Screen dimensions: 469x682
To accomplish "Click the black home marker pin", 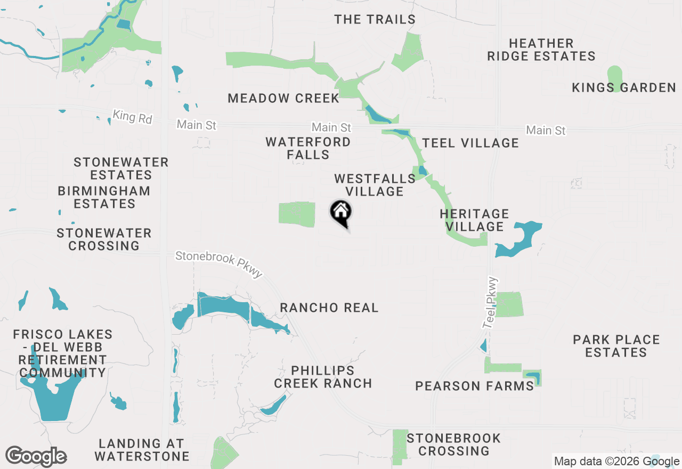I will coord(341,213).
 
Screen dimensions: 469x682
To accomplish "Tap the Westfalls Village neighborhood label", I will coord(375,185).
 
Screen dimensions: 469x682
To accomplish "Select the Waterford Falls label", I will coord(308,149).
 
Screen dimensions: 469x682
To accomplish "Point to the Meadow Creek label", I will coord(283,98).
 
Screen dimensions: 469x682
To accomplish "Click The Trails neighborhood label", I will coord(375,20).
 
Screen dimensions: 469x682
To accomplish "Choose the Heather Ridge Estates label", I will coord(541,50).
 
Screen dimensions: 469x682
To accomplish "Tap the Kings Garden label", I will coord(623,88).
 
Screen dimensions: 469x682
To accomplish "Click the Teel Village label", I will coord(470,143).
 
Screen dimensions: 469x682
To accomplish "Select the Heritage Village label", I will coord(474,220).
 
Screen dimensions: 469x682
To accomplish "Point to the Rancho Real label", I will coord(329,308).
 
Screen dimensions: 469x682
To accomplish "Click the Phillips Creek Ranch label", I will coord(323,377).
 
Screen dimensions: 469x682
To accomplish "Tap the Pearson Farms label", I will coord(474,386).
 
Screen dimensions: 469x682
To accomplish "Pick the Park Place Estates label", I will coord(616,346).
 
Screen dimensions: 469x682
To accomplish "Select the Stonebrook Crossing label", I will coord(453,444).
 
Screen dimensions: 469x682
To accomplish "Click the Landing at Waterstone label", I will coord(142,450).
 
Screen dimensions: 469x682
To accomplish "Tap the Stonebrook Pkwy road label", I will coord(219,264).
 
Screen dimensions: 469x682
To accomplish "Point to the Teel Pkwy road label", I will coord(490,303).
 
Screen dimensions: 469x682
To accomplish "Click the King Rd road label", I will coord(132,117).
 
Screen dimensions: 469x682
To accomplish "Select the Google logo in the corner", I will coord(36,457).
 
